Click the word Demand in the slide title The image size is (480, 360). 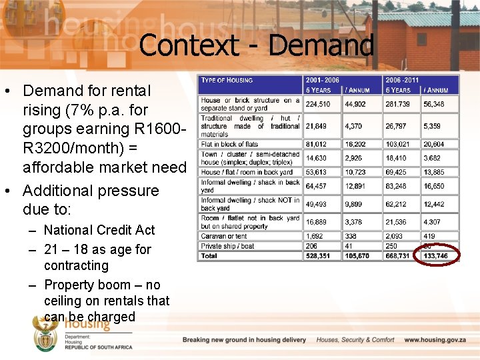(x=321, y=45)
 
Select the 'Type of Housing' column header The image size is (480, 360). (x=227, y=80)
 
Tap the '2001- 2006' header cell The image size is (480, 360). (x=323, y=80)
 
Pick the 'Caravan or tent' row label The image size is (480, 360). (x=224, y=236)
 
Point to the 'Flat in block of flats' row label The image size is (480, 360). (x=229, y=144)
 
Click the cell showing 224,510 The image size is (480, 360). (x=318, y=104)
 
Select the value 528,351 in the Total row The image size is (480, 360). (x=318, y=255)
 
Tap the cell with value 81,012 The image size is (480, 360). (x=317, y=144)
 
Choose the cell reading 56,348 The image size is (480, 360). (x=433, y=104)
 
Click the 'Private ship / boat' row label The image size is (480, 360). (x=229, y=245)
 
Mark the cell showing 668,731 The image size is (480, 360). (x=397, y=255)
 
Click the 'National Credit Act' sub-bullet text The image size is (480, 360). (x=99, y=230)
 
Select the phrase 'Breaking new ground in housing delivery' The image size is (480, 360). (x=244, y=340)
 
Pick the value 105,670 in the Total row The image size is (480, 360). (x=358, y=255)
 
